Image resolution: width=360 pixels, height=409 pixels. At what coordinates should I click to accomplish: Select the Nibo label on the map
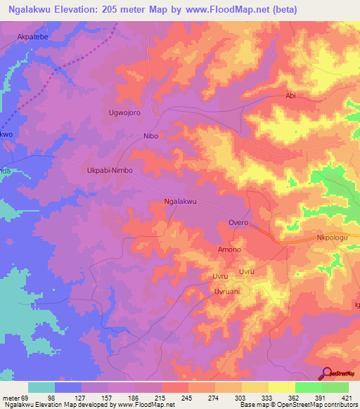coord(150,136)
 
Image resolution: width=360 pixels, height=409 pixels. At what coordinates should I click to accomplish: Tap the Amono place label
coord(229,249)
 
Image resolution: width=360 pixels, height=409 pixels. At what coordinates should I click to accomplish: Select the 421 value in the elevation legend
coord(347,397)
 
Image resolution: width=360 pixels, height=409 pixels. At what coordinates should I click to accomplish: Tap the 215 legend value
coord(160,397)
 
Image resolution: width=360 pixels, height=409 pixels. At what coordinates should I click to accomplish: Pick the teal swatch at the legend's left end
coord(41,387)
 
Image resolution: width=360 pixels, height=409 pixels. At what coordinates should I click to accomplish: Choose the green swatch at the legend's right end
coord(335,387)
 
